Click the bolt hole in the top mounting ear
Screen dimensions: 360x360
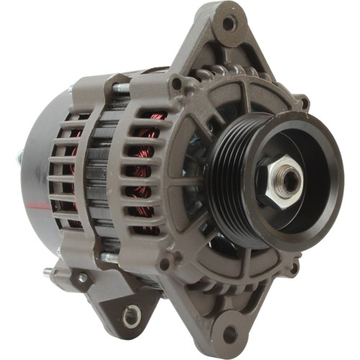pyautogui.click(x=229, y=24)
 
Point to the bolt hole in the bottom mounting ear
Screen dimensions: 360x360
pyautogui.click(x=230, y=333)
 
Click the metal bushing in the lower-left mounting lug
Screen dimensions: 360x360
pyautogui.click(x=132, y=313)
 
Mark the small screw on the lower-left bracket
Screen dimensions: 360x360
pyautogui.click(x=84, y=277)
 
